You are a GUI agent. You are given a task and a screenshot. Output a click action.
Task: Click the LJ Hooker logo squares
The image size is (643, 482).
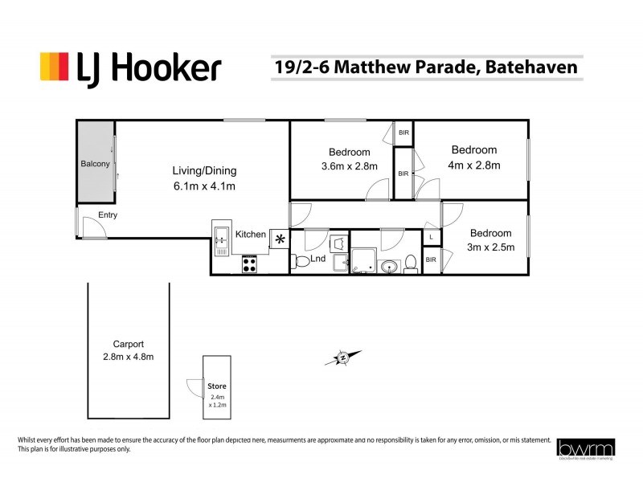point(55,66)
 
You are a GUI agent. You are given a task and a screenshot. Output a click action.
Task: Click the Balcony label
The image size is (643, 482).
point(95,164)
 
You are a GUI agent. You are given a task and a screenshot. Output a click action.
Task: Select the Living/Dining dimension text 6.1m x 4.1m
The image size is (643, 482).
point(204,186)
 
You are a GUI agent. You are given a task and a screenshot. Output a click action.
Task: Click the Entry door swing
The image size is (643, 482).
point(92,228)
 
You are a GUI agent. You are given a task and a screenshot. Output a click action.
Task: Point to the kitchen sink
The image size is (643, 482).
point(220,238)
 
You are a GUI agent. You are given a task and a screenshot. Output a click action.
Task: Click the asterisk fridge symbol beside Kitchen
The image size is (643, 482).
point(280,239)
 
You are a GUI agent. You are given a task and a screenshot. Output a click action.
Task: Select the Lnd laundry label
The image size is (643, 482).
point(318,259)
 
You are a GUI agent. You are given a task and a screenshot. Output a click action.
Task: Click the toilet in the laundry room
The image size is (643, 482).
point(301,261)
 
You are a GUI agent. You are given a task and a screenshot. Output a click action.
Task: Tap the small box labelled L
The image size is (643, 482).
point(432,237)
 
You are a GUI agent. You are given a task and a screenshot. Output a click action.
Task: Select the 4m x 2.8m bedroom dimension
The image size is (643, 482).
point(474,165)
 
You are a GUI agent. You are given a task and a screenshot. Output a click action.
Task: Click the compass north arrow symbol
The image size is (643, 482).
point(342,357)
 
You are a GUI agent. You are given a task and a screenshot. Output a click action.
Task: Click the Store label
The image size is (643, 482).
point(216,386)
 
